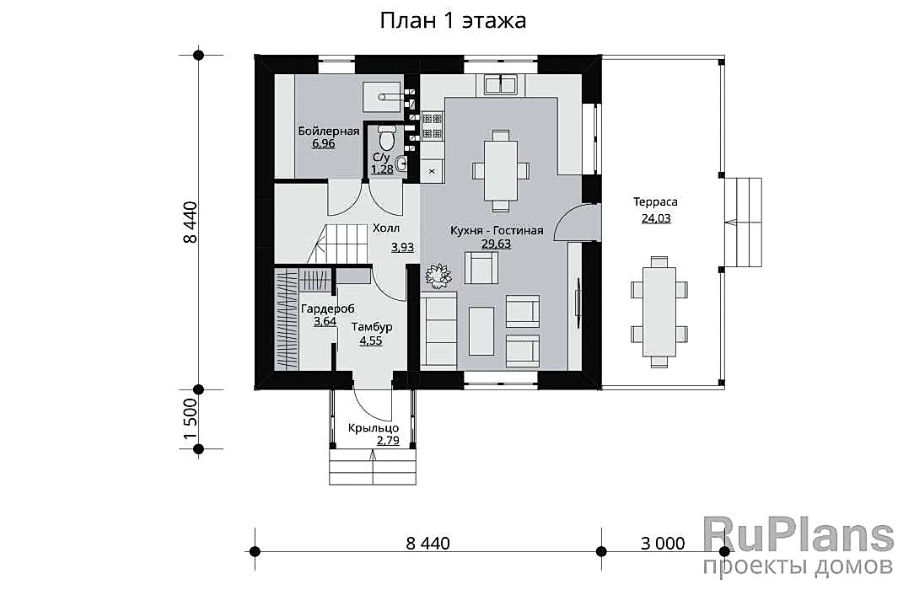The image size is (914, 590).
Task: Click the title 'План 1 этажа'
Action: (453, 20)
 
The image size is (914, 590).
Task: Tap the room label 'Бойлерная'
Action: (329, 131)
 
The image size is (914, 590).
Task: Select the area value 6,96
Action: (324, 143)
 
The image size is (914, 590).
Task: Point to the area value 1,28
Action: (383, 169)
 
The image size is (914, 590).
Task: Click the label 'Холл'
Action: (386, 228)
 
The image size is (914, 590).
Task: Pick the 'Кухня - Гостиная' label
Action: (497, 231)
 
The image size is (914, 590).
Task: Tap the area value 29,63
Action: (496, 244)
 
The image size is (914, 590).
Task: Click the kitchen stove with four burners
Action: (433, 126)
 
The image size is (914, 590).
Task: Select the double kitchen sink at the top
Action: (502, 84)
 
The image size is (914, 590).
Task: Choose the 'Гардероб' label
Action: (328, 308)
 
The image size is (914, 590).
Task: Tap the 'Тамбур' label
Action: (371, 327)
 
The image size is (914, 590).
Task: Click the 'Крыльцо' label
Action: (373, 428)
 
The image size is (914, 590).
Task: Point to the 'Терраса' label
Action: (655, 202)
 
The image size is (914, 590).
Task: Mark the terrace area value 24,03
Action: (656, 218)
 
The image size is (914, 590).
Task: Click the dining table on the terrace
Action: (659, 312)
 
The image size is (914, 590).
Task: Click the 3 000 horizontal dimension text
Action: (663, 544)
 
